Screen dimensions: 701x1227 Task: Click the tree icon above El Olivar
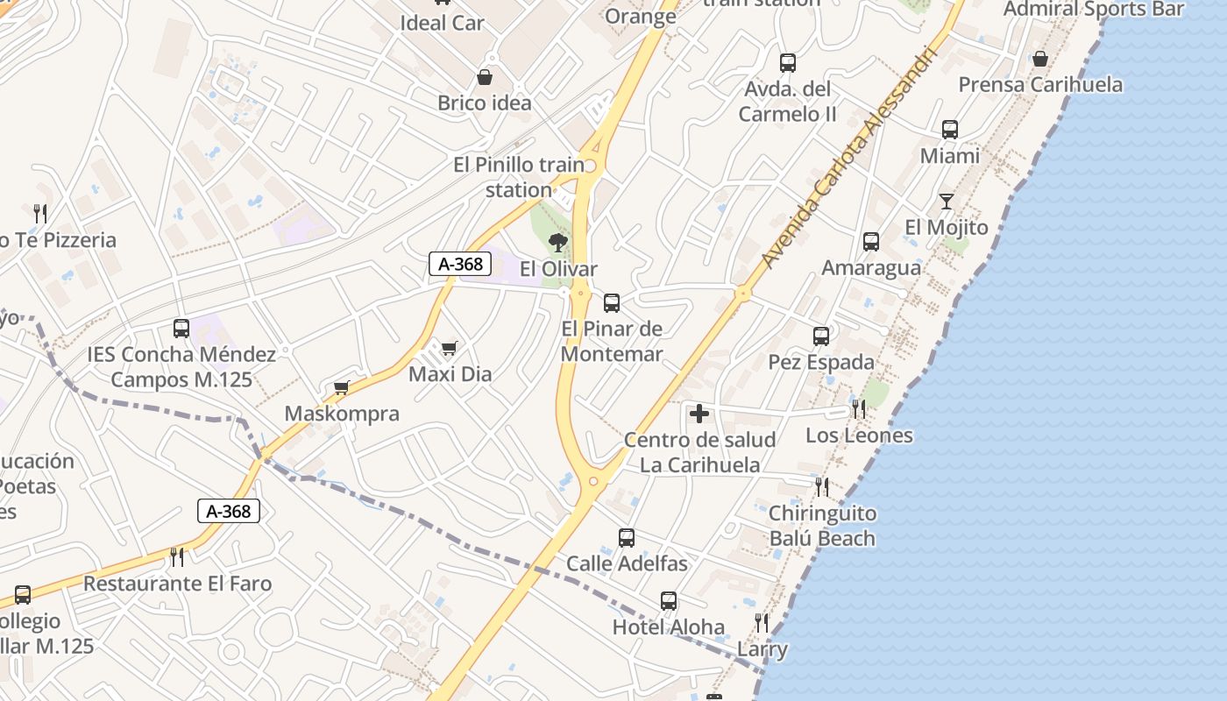pos(557,243)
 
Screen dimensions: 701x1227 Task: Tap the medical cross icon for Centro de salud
pos(699,413)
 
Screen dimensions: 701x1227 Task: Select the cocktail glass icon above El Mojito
pos(947,202)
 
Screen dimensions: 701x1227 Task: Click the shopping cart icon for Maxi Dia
pos(450,349)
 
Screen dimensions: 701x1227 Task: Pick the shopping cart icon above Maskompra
pos(342,387)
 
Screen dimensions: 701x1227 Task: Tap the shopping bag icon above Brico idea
pos(484,77)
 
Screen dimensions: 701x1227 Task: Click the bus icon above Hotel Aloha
pos(669,601)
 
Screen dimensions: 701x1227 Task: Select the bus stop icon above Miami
pos(950,130)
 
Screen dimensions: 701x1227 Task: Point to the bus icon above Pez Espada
pos(821,336)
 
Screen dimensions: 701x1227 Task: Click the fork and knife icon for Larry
pos(762,623)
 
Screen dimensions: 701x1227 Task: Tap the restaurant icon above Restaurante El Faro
pos(177,556)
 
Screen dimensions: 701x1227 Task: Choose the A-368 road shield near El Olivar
pos(460,263)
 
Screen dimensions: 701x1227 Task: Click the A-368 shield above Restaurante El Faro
pos(229,511)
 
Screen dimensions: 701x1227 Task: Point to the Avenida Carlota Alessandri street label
pos(850,158)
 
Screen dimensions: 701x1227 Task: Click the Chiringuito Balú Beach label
pos(822,526)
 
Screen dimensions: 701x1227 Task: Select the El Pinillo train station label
pos(519,176)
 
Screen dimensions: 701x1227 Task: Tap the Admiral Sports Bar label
pos(1094,10)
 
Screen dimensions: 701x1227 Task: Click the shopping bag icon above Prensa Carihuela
pos(1039,59)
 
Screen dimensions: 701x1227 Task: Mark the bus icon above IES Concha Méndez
pos(181,329)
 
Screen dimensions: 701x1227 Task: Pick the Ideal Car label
pos(442,23)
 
